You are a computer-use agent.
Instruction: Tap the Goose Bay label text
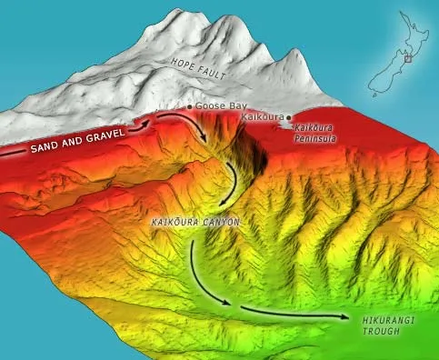click(216, 106)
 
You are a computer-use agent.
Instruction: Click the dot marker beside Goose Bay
click(189, 106)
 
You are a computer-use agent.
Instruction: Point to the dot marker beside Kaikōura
click(288, 118)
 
